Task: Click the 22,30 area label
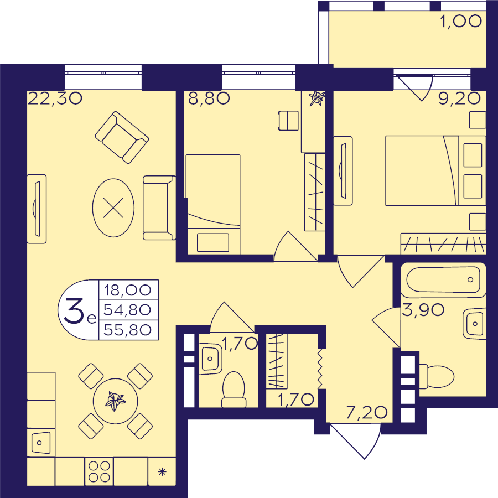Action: coord(55,98)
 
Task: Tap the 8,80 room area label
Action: coord(209,98)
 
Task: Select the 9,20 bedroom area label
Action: coord(459,99)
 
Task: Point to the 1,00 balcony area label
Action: coord(461,22)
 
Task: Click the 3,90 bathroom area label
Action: coord(423,310)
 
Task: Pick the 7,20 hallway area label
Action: coord(367,412)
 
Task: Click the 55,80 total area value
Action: coord(127,330)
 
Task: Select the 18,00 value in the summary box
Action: coord(128,290)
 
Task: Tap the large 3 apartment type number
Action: coord(74,312)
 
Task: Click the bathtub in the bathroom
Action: coord(443,279)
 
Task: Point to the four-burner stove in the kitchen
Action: coord(99,471)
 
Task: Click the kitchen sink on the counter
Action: coord(41,443)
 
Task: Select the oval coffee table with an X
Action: coord(113,207)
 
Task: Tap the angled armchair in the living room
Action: coord(122,138)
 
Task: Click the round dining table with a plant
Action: coord(115,401)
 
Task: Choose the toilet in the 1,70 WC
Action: coord(234,390)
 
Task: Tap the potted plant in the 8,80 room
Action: coord(317,98)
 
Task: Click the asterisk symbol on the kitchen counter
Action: coord(162,472)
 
